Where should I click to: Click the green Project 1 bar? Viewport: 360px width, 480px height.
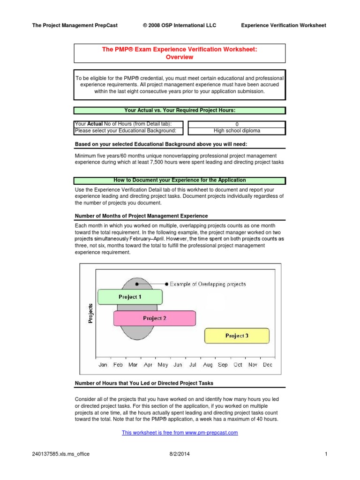(x=130, y=297)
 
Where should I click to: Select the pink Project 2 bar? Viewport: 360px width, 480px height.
(x=155, y=318)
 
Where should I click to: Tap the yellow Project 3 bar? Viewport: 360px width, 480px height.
(x=237, y=336)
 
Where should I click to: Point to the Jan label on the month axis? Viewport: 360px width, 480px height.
(x=103, y=365)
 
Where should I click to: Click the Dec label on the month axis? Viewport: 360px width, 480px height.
(x=268, y=365)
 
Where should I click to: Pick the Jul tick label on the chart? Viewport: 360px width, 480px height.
(x=193, y=365)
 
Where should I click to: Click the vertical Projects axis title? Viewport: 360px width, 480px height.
(x=90, y=313)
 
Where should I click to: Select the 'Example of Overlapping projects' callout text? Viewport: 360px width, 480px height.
(x=208, y=284)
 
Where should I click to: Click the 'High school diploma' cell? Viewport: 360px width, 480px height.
(x=237, y=131)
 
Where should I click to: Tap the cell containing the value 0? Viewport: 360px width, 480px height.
(x=237, y=124)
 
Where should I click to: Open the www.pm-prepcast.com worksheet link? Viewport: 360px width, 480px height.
(x=180, y=433)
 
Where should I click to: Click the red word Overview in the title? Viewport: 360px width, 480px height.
(x=180, y=57)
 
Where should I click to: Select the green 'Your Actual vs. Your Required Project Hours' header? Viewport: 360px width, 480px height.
(x=180, y=111)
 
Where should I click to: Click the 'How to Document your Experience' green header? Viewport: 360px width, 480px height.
(x=180, y=180)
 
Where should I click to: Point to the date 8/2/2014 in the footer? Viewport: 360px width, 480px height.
(x=180, y=454)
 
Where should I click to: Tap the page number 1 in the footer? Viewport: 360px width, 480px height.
(x=325, y=454)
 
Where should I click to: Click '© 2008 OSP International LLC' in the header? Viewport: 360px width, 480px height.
(x=180, y=25)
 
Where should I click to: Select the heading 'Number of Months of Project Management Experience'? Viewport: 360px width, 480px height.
(x=142, y=216)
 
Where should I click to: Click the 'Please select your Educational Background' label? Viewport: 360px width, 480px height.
(x=126, y=131)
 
